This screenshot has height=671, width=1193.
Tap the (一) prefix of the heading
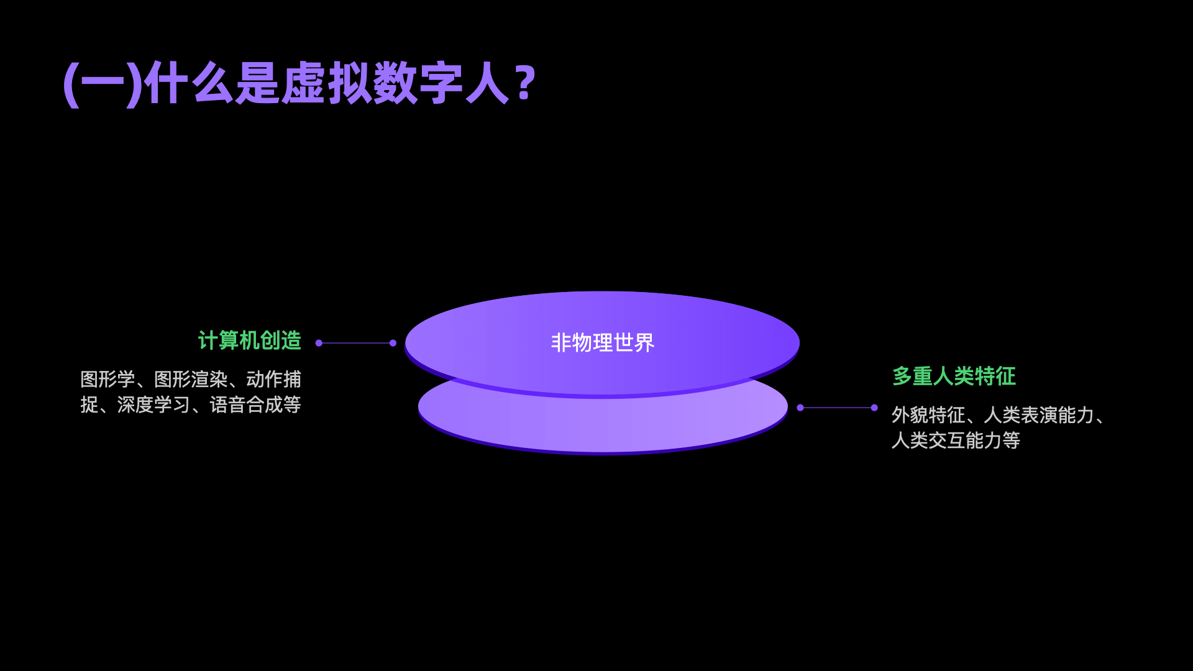(x=103, y=84)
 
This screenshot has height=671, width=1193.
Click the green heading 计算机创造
(x=250, y=340)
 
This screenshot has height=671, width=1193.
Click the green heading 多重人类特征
(x=954, y=376)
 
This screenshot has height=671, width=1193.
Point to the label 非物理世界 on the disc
(x=602, y=342)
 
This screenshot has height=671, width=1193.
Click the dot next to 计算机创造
(x=319, y=343)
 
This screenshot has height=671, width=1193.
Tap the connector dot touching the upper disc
(x=393, y=343)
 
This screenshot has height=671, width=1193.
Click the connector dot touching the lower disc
(x=800, y=408)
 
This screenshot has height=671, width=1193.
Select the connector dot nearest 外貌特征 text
(x=874, y=408)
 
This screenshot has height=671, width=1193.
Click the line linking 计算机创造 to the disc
(x=355, y=343)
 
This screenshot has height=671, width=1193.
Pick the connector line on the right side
(x=837, y=408)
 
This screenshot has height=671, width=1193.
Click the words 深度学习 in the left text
(x=153, y=405)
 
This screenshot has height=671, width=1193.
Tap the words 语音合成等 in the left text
(x=255, y=405)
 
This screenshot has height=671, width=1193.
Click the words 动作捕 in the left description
(x=273, y=379)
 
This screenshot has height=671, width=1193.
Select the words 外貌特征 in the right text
(x=928, y=415)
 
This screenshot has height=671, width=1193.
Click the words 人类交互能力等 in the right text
(x=956, y=440)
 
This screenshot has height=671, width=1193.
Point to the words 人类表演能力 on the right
(x=1038, y=415)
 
